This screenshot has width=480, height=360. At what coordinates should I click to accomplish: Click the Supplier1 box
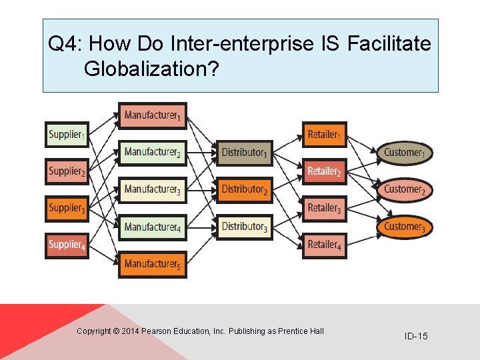click(x=66, y=135)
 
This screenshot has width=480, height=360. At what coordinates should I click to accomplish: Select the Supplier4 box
click(x=66, y=245)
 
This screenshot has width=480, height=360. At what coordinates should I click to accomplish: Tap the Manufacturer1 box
click(x=152, y=116)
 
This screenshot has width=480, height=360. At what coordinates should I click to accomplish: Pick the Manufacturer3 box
click(x=152, y=190)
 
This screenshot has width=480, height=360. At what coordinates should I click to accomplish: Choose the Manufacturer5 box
click(x=152, y=264)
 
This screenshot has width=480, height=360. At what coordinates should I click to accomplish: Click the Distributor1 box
click(x=245, y=153)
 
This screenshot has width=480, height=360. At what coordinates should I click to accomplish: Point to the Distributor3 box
click(x=245, y=227)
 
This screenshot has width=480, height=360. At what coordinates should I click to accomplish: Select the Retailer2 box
click(x=324, y=171)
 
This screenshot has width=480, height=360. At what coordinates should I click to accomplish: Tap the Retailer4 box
click(x=324, y=245)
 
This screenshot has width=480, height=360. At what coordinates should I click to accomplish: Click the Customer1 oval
click(x=404, y=153)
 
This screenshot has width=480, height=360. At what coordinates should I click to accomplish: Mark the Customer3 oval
click(x=404, y=227)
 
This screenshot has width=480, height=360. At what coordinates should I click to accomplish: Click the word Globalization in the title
click(x=151, y=69)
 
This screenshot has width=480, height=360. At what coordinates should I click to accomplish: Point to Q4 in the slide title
click(x=63, y=45)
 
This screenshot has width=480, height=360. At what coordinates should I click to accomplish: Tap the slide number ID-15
click(x=416, y=336)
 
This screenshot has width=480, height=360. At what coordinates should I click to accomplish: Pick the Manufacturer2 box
click(x=152, y=153)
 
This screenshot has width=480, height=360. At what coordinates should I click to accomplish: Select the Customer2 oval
click(x=404, y=190)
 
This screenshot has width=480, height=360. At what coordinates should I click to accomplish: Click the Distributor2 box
click(x=245, y=190)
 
